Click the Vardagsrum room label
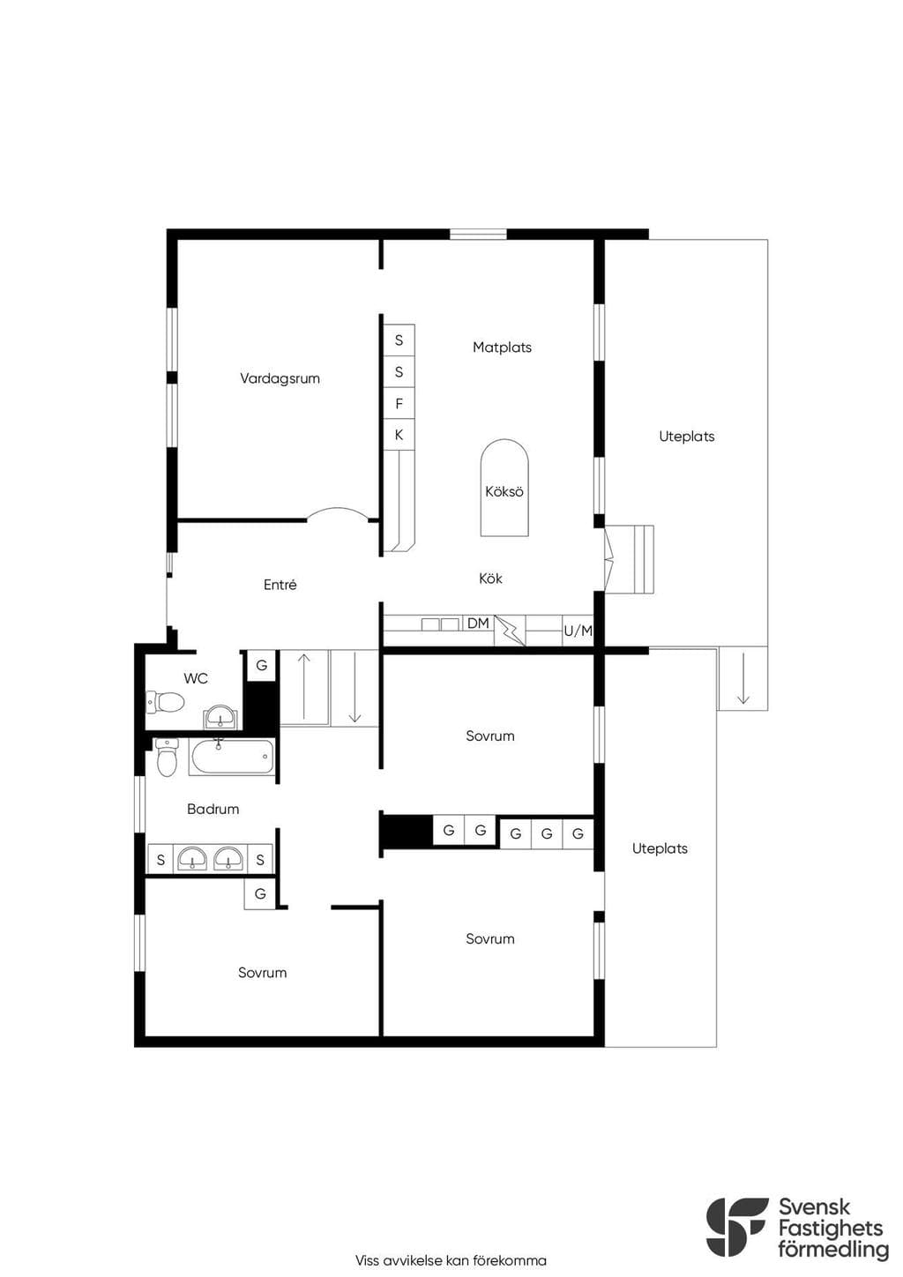tap(280, 378)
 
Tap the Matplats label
tap(503, 347)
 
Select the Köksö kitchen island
tap(504, 488)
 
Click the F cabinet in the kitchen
tap(399, 404)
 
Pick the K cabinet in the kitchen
tap(399, 435)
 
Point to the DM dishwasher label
tap(478, 624)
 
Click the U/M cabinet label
tap(578, 631)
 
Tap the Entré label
tap(280, 585)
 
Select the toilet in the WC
tap(165, 702)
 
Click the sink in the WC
tap(219, 717)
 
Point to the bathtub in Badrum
tap(232, 757)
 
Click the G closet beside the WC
tap(262, 665)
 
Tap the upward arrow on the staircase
tap(304, 686)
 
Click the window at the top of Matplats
tap(478, 234)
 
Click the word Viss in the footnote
tap(367, 1260)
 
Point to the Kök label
tap(491, 579)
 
